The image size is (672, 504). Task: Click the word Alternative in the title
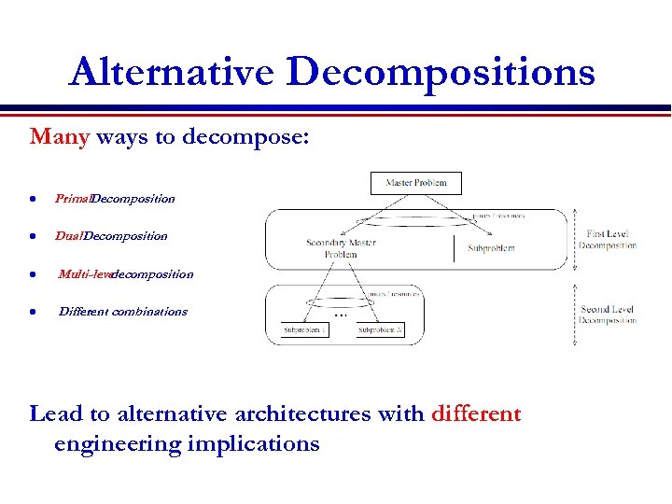tap(172, 72)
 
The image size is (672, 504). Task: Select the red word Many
tap(59, 137)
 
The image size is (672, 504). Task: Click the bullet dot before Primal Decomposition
tap(33, 199)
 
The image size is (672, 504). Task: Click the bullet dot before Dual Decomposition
tap(33, 236)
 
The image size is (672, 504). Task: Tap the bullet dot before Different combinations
tap(33, 312)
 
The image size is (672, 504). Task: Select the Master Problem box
tap(416, 183)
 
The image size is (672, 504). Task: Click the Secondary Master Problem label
tap(341, 248)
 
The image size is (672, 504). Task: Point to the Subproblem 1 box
tap(305, 330)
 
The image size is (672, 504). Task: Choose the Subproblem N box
tap(381, 330)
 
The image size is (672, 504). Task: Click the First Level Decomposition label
tap(608, 240)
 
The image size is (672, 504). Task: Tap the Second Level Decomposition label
tap(608, 315)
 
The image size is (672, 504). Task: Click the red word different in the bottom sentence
tap(476, 413)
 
